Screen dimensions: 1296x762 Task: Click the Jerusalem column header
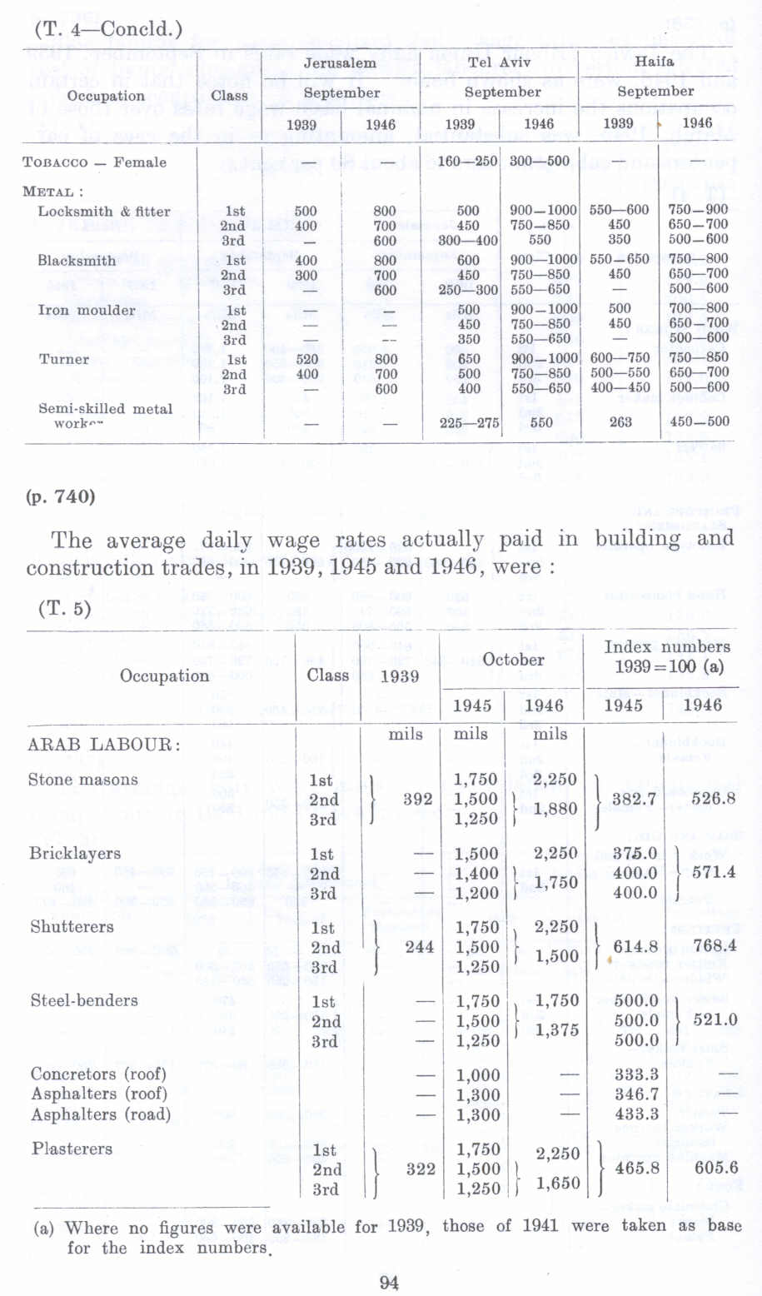(339, 63)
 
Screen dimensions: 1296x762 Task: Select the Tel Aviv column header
(498, 62)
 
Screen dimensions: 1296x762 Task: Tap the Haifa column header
(655, 62)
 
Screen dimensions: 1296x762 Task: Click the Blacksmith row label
(77, 261)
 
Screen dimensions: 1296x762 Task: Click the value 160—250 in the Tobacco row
(469, 162)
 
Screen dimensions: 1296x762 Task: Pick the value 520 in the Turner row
(306, 359)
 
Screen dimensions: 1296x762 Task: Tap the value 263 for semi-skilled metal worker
(620, 422)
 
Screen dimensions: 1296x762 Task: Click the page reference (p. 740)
(61, 497)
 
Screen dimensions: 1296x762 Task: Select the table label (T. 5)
(64, 608)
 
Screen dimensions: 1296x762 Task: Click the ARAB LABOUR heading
(103, 744)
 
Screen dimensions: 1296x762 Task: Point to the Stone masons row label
(82, 780)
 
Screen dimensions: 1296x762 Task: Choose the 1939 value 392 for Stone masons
(418, 799)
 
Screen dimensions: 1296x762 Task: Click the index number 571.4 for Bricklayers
(715, 872)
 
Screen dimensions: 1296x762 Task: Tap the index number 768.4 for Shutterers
(715, 945)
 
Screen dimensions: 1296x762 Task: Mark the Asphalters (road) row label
(101, 1114)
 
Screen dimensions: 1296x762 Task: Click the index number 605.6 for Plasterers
(716, 1168)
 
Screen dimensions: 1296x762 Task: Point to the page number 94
(388, 1282)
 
